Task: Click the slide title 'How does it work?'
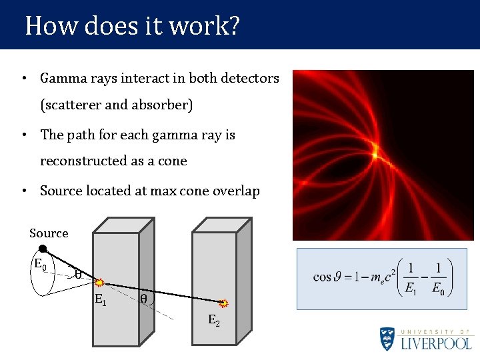click(132, 27)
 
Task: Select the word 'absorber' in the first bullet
click(164, 105)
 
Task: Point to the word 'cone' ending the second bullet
click(173, 161)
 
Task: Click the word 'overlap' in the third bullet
click(236, 191)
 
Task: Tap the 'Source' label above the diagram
click(49, 233)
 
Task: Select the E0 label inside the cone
click(41, 263)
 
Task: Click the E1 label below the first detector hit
click(100, 299)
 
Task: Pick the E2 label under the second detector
click(213, 321)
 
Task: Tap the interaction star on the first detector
click(98, 283)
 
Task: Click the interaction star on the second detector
click(225, 303)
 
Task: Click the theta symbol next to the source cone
click(77, 273)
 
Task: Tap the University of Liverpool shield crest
click(387, 339)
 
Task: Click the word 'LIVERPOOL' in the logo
click(436, 343)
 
